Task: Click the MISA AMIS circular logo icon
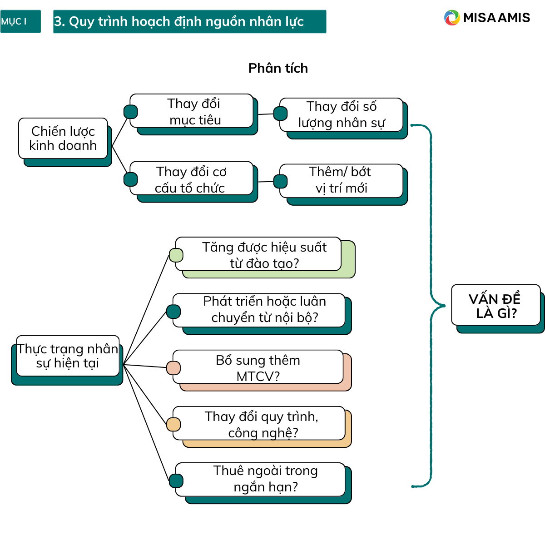pyautogui.click(x=452, y=18)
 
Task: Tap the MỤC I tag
pyautogui.click(x=20, y=21)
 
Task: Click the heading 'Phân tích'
pyautogui.click(x=278, y=68)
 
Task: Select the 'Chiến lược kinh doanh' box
pyautogui.click(x=63, y=139)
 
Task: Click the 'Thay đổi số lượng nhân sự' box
pyautogui.click(x=342, y=114)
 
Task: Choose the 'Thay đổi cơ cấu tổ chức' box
pyautogui.click(x=191, y=179)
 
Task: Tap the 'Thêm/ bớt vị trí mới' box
pyautogui.click(x=342, y=180)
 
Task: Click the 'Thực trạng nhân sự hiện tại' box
pyautogui.click(x=68, y=356)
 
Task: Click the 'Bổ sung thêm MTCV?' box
pyautogui.click(x=258, y=367)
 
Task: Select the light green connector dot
pyautogui.click(x=176, y=255)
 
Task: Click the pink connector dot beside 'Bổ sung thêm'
pyautogui.click(x=173, y=368)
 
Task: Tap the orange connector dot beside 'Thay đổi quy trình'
pyautogui.click(x=173, y=424)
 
